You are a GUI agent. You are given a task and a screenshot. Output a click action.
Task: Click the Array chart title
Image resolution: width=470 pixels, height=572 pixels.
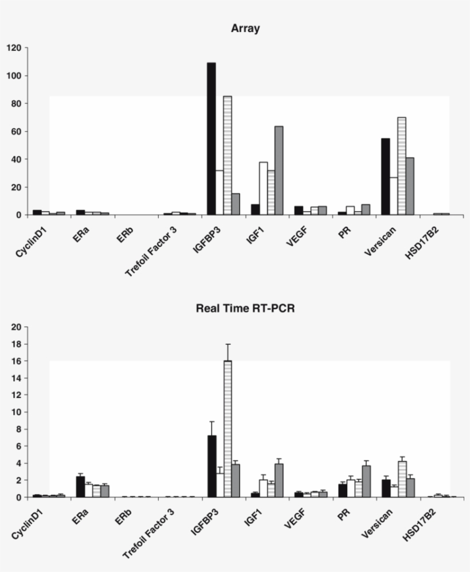coord(245,29)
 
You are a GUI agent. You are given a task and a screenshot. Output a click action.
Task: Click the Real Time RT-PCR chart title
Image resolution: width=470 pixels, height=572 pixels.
coord(245,308)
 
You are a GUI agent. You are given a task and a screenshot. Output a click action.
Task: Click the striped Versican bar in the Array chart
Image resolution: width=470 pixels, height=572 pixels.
coord(401,166)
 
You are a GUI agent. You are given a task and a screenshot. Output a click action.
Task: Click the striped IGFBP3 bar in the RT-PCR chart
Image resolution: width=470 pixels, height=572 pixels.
coord(228,429)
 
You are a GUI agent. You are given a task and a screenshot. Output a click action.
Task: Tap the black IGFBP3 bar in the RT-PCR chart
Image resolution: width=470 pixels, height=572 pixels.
coord(211,466)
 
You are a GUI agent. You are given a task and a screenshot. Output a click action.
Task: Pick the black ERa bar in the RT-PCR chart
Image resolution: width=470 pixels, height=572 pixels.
coord(81,487)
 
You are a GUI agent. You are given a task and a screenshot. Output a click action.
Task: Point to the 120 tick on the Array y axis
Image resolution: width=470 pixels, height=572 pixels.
coord(14,48)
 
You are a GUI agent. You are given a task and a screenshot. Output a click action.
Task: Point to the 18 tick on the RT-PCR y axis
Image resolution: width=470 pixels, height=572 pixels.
coord(16,344)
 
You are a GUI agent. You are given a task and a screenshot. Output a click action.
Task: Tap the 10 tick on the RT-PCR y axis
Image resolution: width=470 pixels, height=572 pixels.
coord(16,412)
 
